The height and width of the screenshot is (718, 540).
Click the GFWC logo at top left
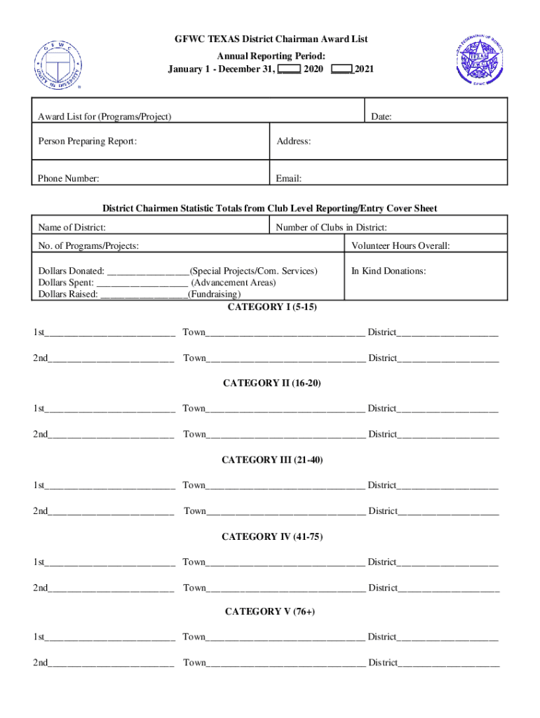[60, 64]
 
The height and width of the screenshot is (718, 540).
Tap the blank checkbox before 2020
[289, 69]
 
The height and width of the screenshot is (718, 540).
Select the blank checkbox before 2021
[342, 69]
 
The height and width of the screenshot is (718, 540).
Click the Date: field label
[381, 117]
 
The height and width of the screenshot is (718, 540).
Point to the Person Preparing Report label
[87, 142]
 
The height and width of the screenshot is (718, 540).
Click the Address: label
[293, 142]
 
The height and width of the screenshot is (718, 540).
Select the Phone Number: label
[68, 179]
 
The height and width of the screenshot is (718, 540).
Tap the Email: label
[288, 179]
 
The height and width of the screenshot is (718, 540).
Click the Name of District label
[72, 227]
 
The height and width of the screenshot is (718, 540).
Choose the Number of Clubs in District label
[331, 227]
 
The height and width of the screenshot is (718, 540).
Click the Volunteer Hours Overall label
[400, 246]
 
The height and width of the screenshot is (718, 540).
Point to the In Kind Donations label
[389, 271]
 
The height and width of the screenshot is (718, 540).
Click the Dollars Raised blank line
[144, 294]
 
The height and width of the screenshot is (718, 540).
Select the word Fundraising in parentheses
[214, 294]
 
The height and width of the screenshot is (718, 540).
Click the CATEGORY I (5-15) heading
[272, 307]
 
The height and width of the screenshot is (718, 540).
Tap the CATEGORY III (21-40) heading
[272, 460]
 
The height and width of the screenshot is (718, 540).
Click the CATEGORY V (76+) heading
[270, 611]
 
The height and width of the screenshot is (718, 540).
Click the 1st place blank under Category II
[110, 409]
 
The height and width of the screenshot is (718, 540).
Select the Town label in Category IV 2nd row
[195, 588]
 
